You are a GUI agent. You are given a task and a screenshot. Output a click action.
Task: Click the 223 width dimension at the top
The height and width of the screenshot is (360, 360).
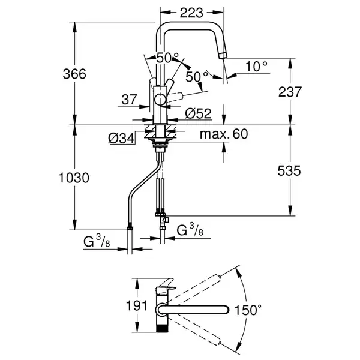pos(191,13)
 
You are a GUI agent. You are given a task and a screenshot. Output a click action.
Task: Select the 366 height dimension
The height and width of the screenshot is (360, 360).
pos(74,74)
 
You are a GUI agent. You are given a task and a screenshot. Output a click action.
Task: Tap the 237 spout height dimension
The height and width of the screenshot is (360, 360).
pos(290,92)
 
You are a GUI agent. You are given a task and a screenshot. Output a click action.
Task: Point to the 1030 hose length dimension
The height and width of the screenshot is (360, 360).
pos(74,178)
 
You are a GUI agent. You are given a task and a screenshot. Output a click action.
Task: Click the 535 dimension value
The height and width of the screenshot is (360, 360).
pos(289,170)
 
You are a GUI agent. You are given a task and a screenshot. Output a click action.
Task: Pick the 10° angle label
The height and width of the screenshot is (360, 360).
pos(256,67)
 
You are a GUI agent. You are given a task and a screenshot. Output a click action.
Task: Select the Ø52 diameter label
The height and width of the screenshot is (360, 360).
pos(198,113)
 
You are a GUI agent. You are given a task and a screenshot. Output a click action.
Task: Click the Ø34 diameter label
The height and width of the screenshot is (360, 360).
pos(121,139)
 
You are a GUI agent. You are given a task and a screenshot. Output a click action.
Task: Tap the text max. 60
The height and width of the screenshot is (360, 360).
pos(224,134)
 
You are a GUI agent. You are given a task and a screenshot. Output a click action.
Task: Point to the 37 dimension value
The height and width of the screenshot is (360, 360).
pos(129,100)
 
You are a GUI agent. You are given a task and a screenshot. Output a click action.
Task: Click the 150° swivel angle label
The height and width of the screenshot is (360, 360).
pos(248,310)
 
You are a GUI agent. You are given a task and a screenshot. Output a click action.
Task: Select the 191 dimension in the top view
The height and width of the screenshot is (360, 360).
pos(137,305)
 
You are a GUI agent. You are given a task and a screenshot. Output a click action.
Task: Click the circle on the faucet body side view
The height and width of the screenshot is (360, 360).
pos(160,100)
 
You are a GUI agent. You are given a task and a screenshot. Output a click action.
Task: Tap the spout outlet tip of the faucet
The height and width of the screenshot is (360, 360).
pos(223,56)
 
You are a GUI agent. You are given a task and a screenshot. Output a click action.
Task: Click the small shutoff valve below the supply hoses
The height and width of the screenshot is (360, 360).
pos(165,220)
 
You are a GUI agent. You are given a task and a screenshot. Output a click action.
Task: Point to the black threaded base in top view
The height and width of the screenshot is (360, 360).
pos(162,328)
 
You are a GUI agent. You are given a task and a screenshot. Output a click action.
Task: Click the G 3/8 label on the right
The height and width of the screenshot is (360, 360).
pos(190,230)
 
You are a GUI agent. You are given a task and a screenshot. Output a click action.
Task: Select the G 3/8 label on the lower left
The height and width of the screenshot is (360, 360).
pos(97,241)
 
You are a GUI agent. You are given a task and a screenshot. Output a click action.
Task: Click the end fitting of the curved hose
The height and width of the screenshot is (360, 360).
pos(130,228)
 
